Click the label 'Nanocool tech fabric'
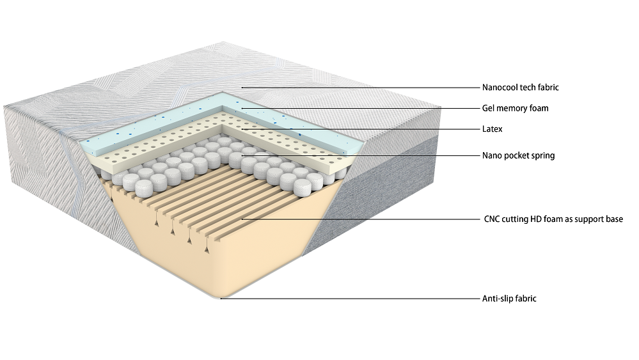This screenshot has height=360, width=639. pos(521,88)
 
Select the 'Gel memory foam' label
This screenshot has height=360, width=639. pos(515,108)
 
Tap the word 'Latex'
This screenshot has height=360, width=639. pos(492,129)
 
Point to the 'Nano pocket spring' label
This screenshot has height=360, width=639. pos(518,155)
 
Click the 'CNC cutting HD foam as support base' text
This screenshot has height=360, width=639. pos(553,219)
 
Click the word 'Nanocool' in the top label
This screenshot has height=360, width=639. pos(500,88)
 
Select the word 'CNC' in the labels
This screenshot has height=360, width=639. pos(492,219)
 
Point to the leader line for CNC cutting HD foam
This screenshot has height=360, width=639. pos(358,219)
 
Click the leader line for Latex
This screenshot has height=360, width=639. pos(358,129)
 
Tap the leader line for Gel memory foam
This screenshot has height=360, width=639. pos(358,108)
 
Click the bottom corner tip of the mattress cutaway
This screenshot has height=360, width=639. pos(221,298)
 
